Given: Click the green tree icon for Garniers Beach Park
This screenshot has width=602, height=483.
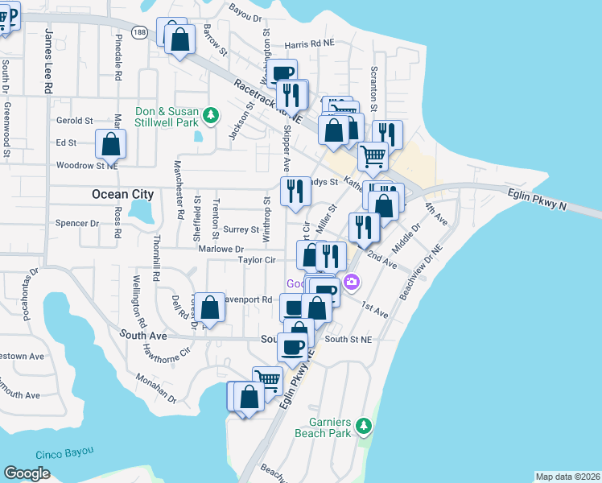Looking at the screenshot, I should click(x=364, y=424).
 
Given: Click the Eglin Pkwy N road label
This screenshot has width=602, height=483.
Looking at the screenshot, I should click(x=538, y=200).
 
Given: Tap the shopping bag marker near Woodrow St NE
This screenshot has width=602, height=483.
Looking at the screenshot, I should click(x=110, y=144).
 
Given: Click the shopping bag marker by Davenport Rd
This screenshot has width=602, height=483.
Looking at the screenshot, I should click(x=210, y=308).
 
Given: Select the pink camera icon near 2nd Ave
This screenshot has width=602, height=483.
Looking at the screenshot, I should click(x=351, y=282).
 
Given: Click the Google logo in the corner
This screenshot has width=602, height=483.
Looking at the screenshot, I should click(x=27, y=473).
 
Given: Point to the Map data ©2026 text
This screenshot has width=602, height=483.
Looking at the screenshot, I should click(x=567, y=477).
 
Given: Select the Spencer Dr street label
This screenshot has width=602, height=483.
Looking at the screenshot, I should click(x=76, y=223).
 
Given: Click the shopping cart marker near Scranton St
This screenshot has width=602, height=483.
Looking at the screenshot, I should click(x=373, y=156).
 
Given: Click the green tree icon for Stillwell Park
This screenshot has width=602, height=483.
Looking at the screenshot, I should click(x=211, y=115).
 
